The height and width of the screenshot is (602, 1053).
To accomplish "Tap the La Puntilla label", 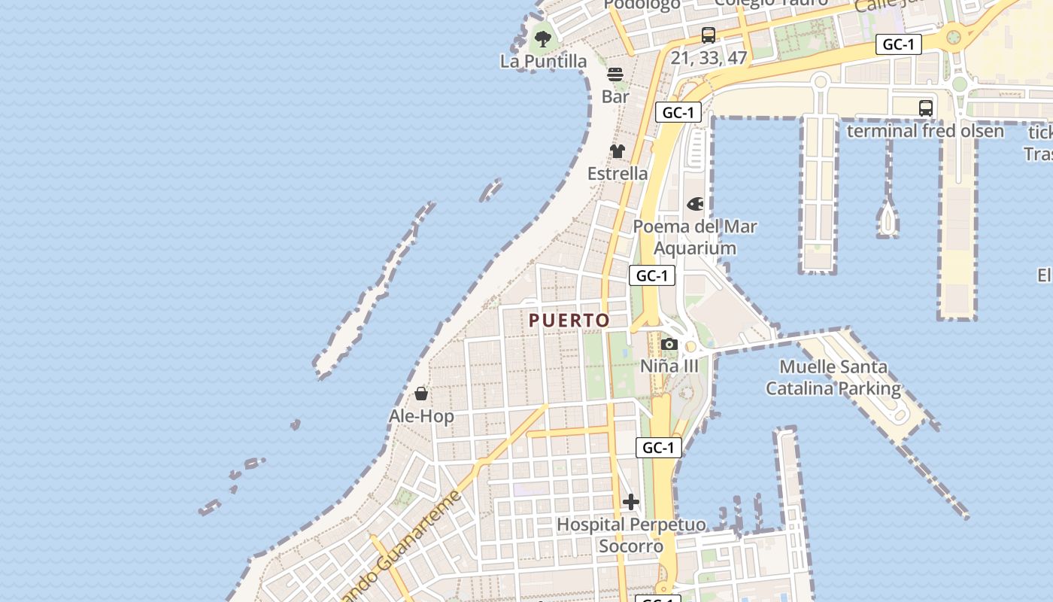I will click(543, 61).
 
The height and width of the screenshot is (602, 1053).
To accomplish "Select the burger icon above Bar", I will click(615, 74).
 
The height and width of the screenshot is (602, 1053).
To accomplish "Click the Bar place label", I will click(615, 96).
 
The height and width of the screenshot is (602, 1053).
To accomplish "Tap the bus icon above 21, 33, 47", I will click(708, 35).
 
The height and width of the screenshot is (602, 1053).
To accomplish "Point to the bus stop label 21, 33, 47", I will click(709, 57).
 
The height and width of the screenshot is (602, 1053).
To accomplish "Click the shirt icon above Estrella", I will click(618, 151).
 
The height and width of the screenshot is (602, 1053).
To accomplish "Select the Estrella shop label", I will click(618, 173).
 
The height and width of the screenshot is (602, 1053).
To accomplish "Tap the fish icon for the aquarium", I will click(695, 204).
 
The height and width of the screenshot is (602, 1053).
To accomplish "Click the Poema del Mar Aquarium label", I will click(695, 237).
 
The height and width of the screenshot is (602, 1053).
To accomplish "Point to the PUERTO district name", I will click(569, 321).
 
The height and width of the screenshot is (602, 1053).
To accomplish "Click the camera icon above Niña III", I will click(669, 345).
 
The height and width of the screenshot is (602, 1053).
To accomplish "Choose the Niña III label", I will click(669, 366).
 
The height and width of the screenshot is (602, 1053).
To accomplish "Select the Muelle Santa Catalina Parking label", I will click(833, 378).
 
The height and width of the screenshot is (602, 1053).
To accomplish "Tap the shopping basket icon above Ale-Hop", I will click(421, 394).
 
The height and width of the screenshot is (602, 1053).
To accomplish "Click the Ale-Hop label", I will click(421, 416).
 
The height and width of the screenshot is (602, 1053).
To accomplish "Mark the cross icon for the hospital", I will click(631, 502).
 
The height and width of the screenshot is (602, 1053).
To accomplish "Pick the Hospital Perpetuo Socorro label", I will click(631, 534).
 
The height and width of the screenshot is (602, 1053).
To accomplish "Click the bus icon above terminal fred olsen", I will click(926, 108).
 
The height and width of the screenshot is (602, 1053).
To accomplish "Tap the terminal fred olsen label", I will click(925, 131).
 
